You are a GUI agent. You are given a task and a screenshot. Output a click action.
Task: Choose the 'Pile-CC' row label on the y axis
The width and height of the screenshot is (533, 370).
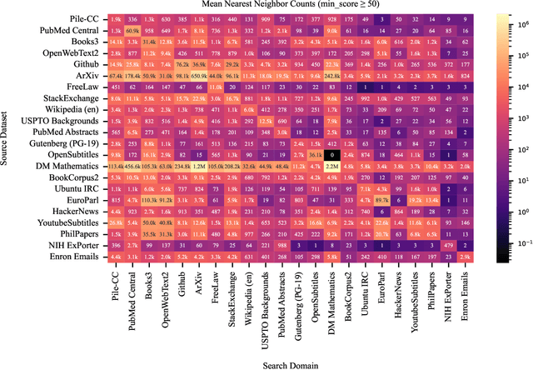coord(82,17)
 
